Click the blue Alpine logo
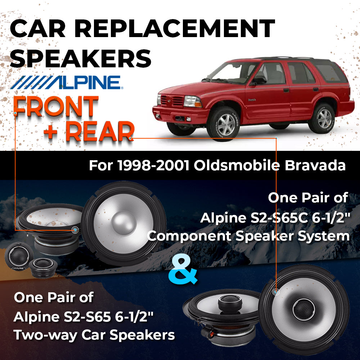tap(67, 82)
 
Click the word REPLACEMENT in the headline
tap(175, 28)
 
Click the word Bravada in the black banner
tap(315, 165)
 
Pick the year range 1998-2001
tap(154, 165)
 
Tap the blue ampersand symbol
tap(183, 271)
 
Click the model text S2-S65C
tap(279, 218)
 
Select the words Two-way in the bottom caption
tap(45, 335)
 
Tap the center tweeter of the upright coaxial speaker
tap(303, 310)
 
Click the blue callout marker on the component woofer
tap(75, 230)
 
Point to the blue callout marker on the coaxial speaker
tap(276, 292)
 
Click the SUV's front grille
tap(172, 100)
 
